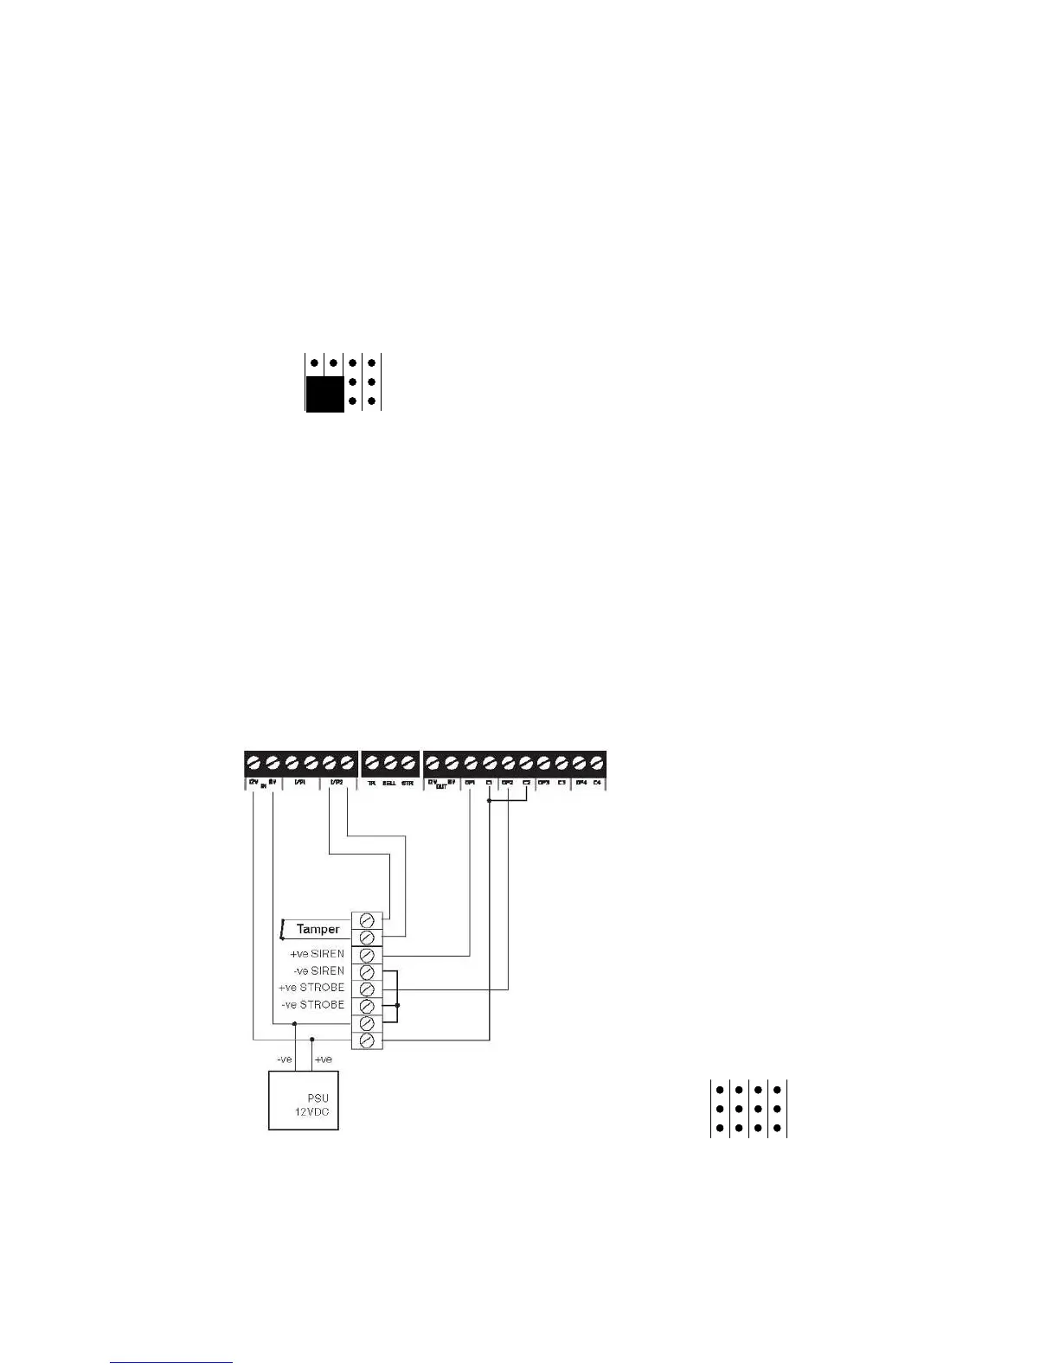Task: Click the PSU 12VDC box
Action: coord(303,1100)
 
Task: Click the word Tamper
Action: coord(318,929)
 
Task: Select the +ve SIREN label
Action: coord(317,954)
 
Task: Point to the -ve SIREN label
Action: coord(318,971)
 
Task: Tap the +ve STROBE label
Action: coord(311,988)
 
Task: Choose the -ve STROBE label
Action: coord(313,1005)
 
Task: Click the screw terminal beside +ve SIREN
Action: coord(367,955)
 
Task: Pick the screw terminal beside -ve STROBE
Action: coord(367,1006)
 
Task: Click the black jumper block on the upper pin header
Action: coord(324,394)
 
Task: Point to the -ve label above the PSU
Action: coord(285,1060)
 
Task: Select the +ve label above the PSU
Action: coord(323,1060)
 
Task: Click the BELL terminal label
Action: coord(389,784)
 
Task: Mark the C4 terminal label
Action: coord(597,784)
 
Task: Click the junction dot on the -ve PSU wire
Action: coord(295,1024)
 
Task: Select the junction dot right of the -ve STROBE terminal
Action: coord(397,1006)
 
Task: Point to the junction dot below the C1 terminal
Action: coord(490,802)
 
